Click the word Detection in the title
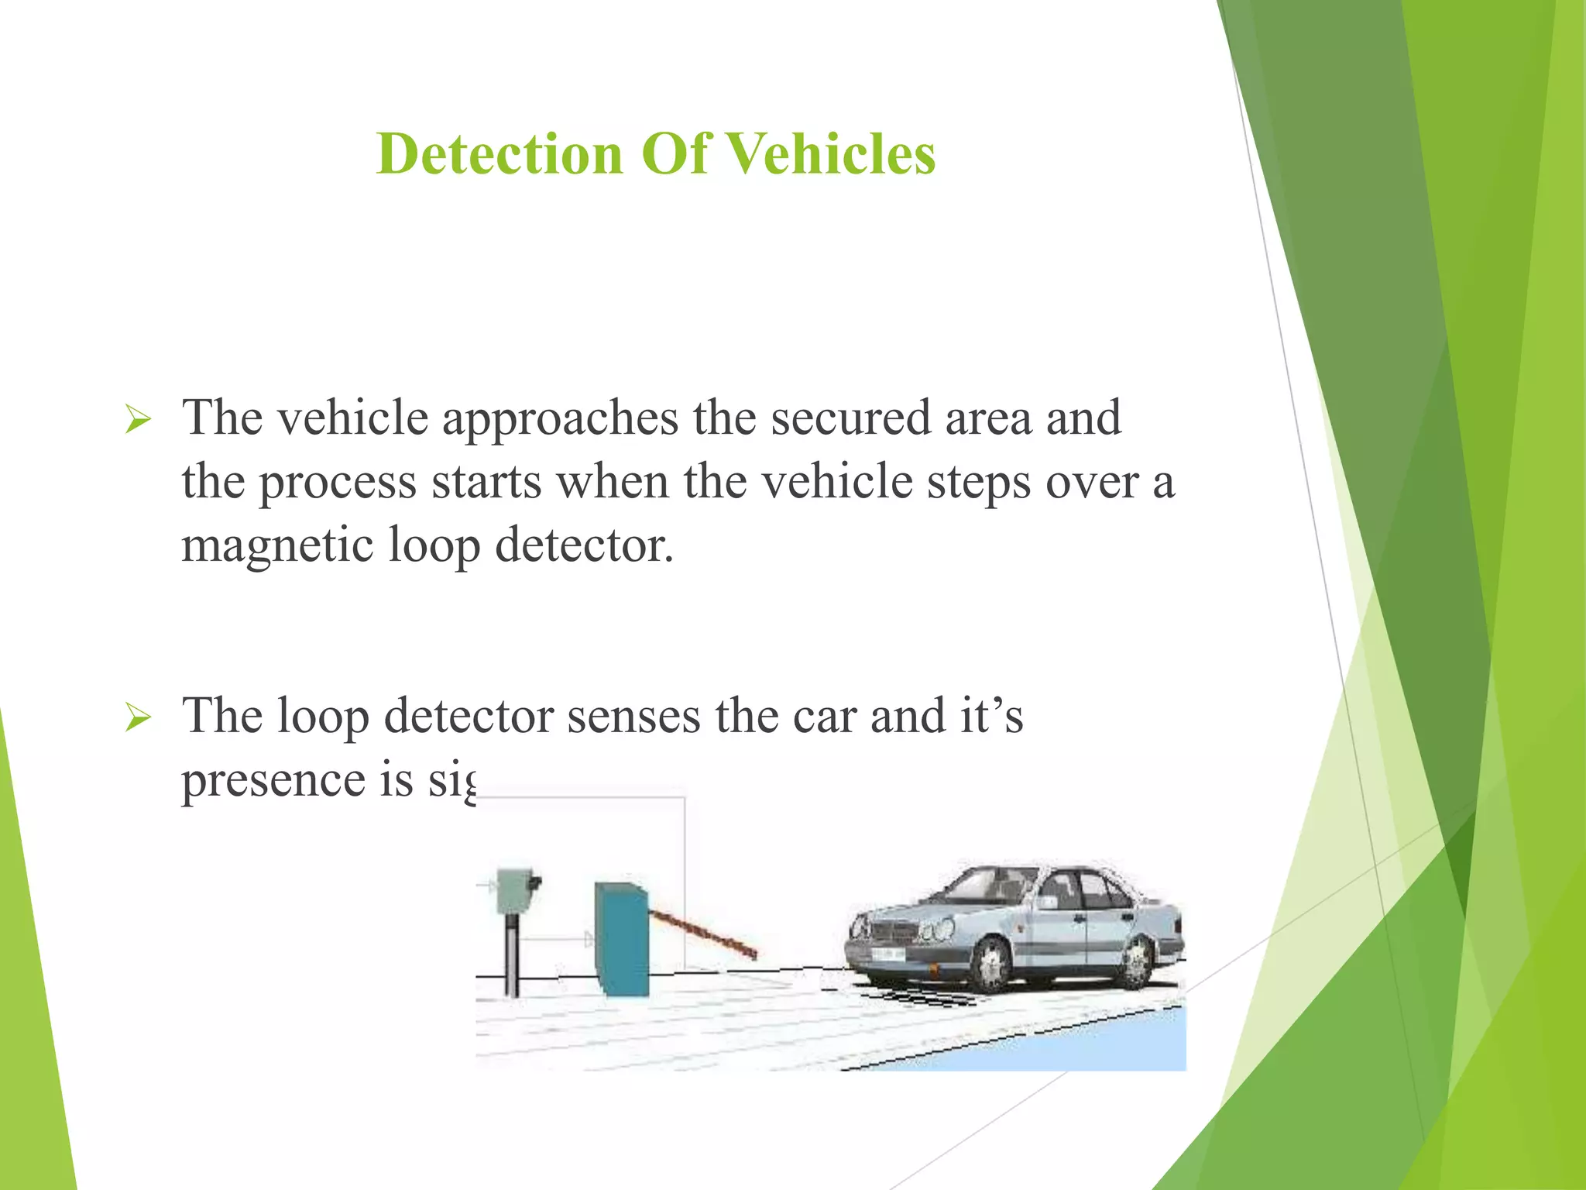499,153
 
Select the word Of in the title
675,153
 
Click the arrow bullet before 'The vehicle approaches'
138,421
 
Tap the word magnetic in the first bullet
276,547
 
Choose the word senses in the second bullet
633,716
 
